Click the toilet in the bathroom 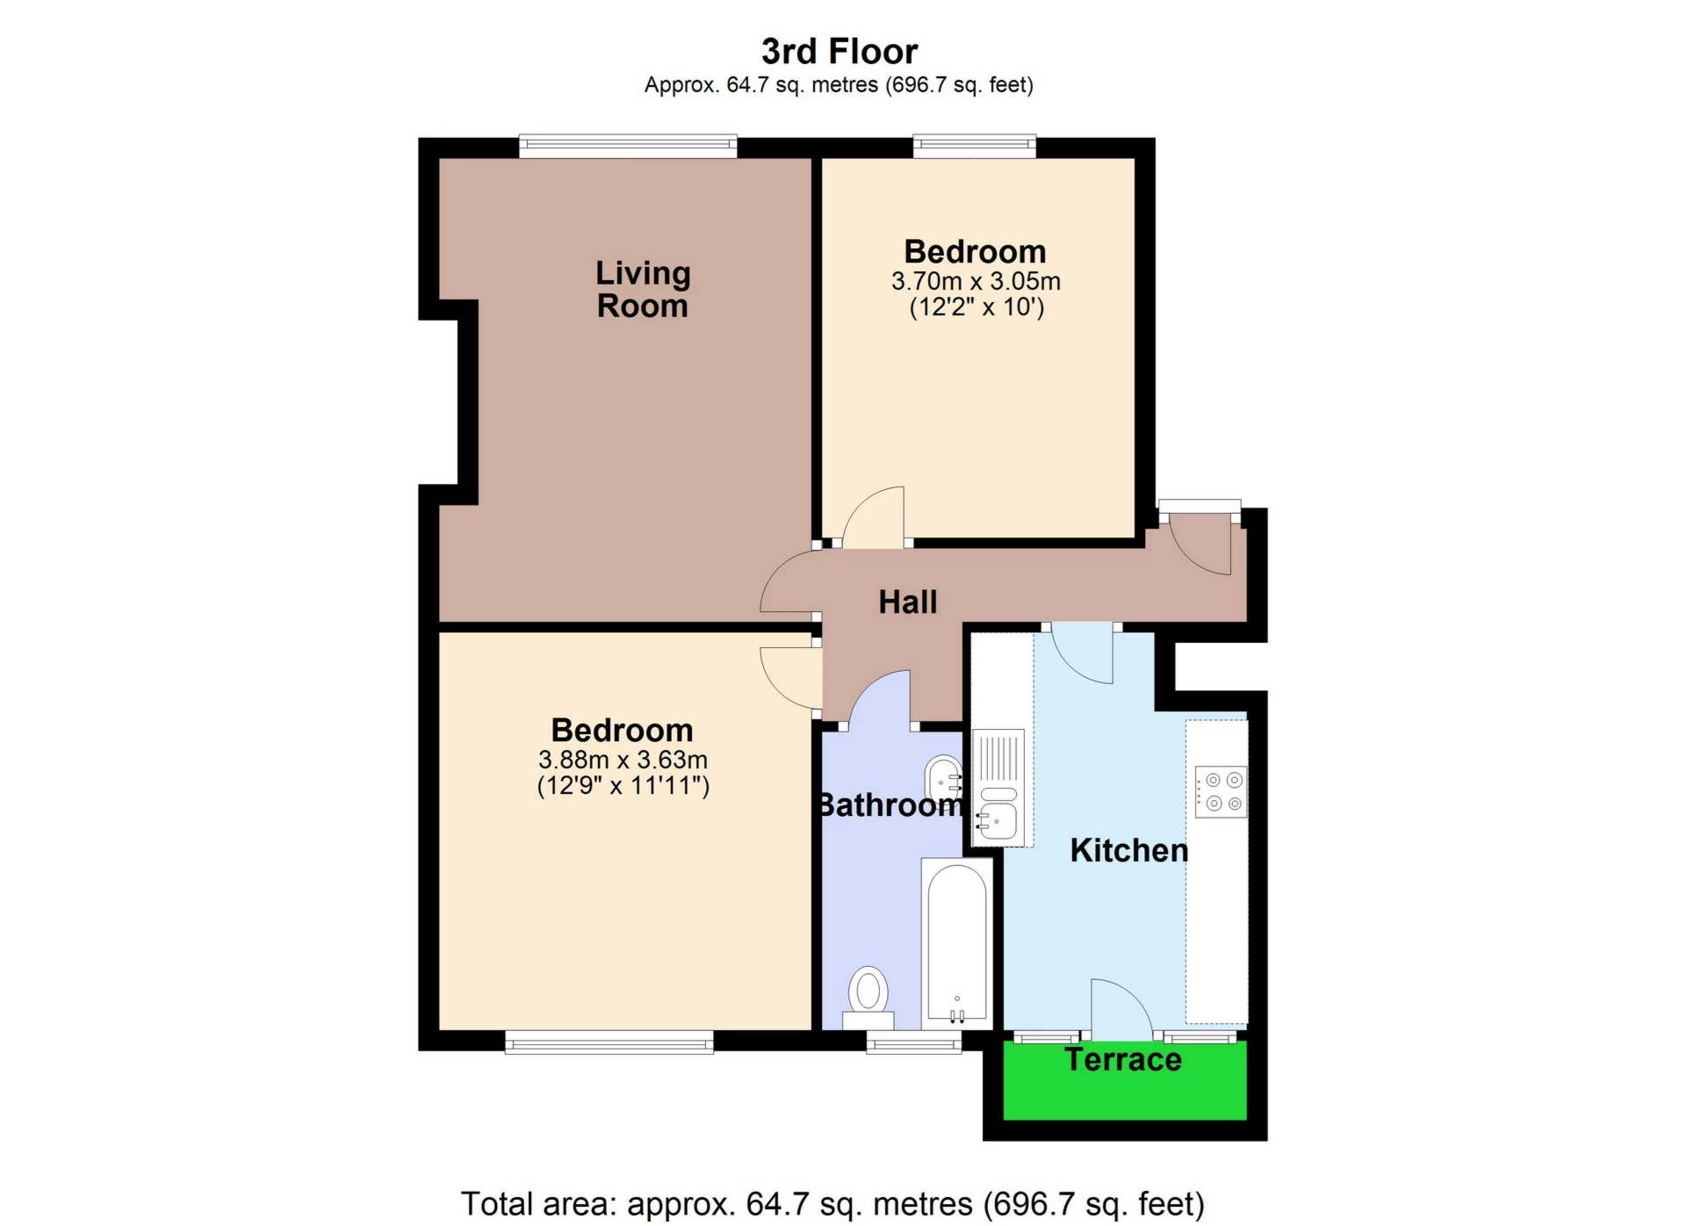(x=868, y=998)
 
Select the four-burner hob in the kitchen (x=1221, y=791)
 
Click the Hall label (x=908, y=602)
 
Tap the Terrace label (x=1123, y=1060)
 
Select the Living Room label (x=643, y=289)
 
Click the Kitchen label (x=1129, y=850)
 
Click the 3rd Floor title (x=839, y=52)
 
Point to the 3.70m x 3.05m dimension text (x=976, y=281)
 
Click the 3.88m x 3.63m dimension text (x=623, y=760)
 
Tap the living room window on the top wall (x=628, y=146)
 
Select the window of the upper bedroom (x=975, y=146)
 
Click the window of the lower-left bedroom (x=609, y=1042)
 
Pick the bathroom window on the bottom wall (x=914, y=1042)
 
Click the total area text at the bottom (x=832, y=1203)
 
